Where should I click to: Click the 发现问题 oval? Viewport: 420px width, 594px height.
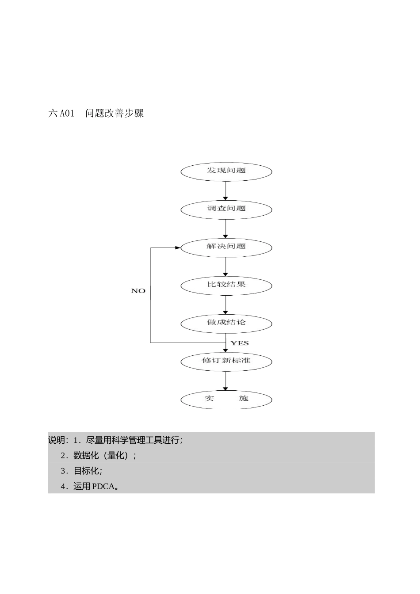[x=226, y=171]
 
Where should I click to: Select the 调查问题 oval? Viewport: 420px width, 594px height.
[x=226, y=209]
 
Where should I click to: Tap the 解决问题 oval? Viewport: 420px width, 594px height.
[x=226, y=247]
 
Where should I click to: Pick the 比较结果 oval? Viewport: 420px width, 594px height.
[x=226, y=285]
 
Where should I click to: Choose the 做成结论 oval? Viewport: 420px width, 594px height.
[x=226, y=323]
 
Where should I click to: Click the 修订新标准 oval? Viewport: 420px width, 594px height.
[x=226, y=361]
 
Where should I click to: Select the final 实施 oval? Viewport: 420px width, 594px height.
[x=226, y=399]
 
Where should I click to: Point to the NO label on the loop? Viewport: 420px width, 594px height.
[x=138, y=291]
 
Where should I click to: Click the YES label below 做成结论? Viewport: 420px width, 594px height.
[x=240, y=343]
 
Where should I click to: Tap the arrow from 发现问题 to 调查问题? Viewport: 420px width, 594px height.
[x=225, y=190]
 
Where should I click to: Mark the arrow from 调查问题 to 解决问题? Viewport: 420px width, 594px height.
[x=225, y=228]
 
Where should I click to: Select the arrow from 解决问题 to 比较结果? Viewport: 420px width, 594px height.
[x=225, y=266]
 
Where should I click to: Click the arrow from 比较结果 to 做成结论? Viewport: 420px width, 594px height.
[x=225, y=304]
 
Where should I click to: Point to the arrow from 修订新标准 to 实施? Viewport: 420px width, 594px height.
[x=225, y=380]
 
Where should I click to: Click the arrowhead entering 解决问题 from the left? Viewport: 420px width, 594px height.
[x=178, y=247]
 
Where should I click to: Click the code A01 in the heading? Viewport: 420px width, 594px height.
[x=67, y=114]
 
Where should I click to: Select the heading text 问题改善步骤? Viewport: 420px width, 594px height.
[x=115, y=113]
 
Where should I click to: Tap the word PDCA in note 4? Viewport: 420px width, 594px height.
[x=103, y=487]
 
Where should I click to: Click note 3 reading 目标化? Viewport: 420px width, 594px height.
[x=87, y=471]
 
